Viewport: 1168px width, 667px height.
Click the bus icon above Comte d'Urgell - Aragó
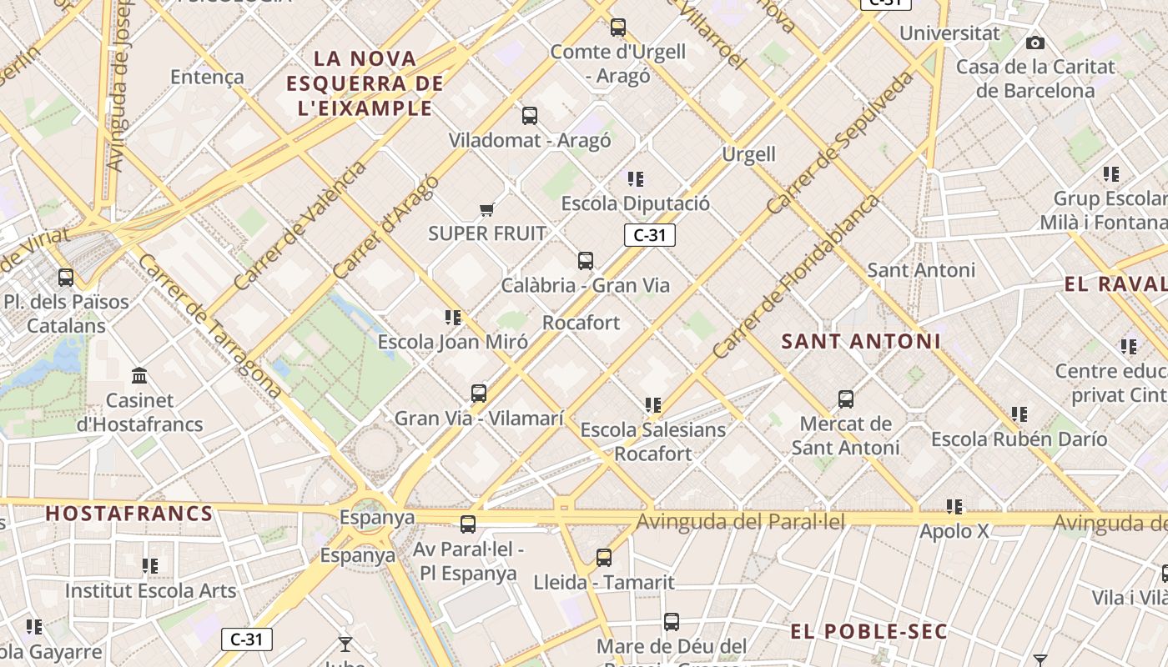click(617, 28)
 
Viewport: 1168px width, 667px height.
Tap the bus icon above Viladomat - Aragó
click(530, 116)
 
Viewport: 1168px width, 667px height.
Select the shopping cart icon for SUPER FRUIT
click(487, 209)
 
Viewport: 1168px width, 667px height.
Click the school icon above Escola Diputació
click(636, 179)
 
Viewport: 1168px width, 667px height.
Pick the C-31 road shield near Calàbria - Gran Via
click(649, 235)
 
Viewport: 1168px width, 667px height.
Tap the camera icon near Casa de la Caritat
click(1035, 43)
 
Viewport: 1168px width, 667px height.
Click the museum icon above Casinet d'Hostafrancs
click(139, 376)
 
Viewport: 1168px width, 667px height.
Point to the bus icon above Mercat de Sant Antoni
click(846, 399)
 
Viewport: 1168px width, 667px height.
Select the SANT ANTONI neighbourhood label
click(861, 341)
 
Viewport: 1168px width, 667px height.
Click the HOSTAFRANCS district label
click(129, 514)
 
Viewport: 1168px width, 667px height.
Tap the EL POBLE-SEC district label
click(868, 631)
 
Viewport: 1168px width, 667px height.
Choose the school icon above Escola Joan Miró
click(453, 318)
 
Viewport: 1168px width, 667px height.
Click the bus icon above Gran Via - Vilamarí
click(479, 394)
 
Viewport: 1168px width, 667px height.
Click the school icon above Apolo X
click(954, 507)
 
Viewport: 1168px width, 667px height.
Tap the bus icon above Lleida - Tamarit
click(604, 558)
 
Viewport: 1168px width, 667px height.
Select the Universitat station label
click(949, 33)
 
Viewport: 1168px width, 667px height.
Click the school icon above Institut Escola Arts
click(150, 566)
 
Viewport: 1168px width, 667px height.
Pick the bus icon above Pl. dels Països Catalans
click(66, 278)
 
